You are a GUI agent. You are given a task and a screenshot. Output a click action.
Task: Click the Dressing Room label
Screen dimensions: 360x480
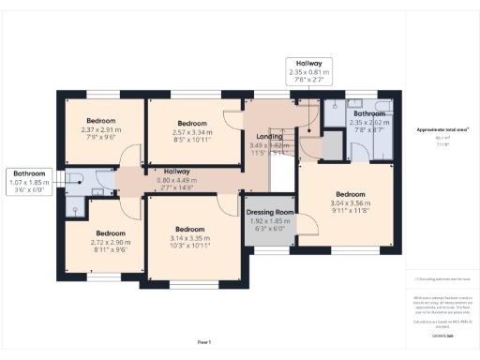pos(270,213)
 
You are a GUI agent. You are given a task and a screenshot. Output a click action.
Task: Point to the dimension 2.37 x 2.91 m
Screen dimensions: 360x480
pos(101,130)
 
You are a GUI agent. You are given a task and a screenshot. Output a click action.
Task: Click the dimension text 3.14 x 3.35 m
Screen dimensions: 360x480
pos(189,238)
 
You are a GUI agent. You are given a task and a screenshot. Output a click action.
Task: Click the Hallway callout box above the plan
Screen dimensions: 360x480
pos(310,71)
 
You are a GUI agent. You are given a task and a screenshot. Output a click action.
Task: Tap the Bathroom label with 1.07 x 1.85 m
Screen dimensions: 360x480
pos(29,172)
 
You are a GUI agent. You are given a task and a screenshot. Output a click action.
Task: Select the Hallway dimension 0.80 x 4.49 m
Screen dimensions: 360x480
pos(176,180)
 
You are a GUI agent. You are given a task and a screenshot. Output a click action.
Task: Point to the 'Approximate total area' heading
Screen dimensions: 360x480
pos(443,128)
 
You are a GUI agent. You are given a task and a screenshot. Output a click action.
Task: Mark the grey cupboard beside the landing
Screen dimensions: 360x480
pos(332,145)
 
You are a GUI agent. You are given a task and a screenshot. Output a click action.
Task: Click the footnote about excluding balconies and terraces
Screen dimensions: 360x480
pos(442,280)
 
